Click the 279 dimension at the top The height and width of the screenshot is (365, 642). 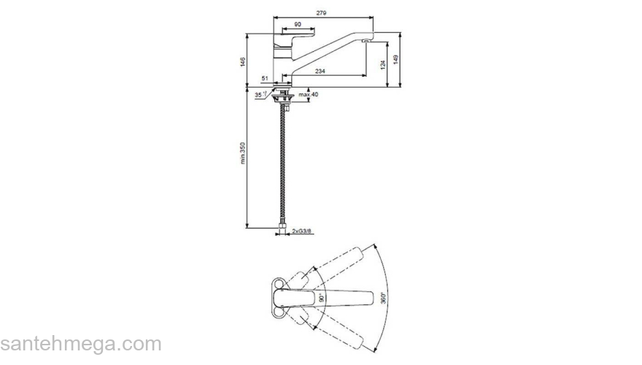[x=321, y=13]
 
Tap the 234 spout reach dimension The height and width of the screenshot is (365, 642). [x=320, y=71]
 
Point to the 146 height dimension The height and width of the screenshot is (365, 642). [x=243, y=61]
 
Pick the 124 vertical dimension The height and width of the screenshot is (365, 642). [x=382, y=64]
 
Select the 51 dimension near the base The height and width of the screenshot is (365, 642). [x=265, y=77]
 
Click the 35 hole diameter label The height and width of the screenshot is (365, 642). [x=259, y=95]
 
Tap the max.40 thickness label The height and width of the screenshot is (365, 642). [x=309, y=94]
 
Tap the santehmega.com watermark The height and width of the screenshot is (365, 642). [x=80, y=343]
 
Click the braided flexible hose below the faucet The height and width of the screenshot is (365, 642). [x=282, y=168]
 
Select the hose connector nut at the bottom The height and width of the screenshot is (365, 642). [x=282, y=228]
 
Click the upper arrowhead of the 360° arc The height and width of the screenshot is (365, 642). [x=373, y=246]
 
